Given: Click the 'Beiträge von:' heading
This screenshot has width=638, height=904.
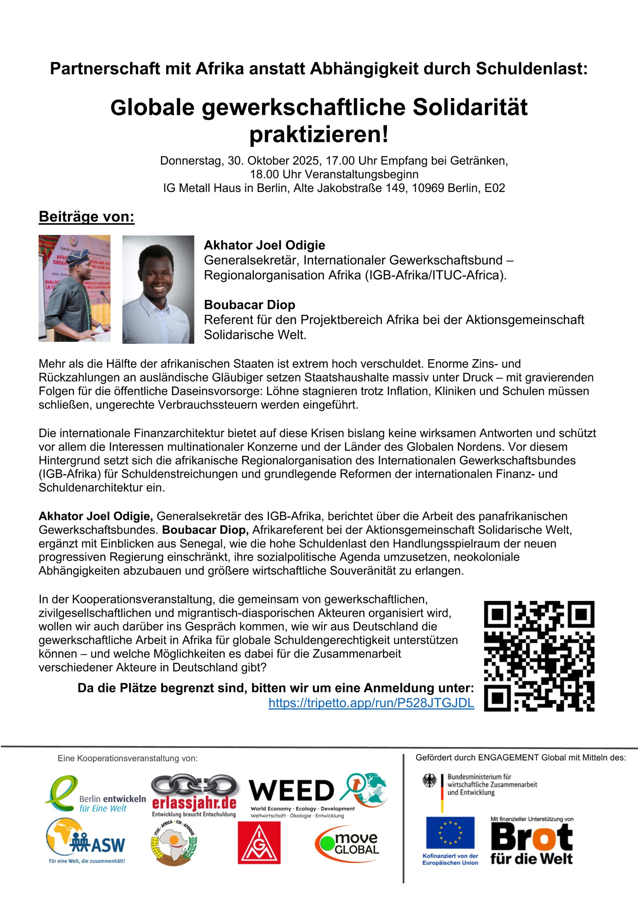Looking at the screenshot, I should click(86, 216).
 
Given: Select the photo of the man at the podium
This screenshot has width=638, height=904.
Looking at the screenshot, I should click(74, 288).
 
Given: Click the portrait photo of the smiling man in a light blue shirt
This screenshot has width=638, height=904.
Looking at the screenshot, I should click(158, 290).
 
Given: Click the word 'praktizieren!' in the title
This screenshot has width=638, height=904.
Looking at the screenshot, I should click(319, 134).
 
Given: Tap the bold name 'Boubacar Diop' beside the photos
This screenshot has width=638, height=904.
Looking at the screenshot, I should click(249, 305).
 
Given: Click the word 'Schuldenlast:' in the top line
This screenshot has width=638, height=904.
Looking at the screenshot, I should click(532, 69).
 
